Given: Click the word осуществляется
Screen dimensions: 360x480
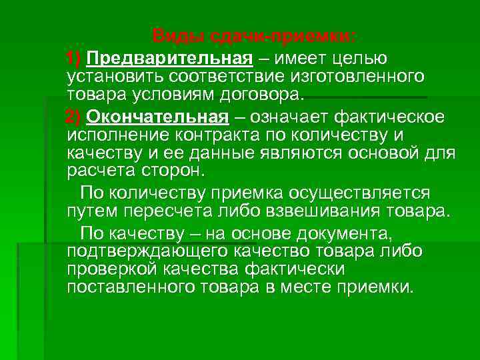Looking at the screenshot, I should click(x=359, y=193).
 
